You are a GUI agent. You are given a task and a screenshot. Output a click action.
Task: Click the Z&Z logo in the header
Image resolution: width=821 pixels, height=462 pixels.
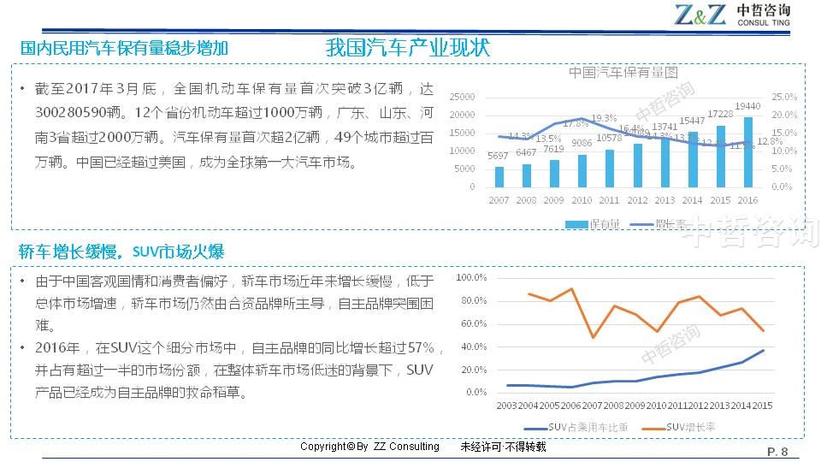coord(700,15)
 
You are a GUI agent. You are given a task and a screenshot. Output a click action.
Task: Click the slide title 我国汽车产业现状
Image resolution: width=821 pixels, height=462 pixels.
coord(408,48)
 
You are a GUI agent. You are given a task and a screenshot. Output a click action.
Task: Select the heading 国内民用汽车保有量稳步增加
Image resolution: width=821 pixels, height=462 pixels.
coord(124,48)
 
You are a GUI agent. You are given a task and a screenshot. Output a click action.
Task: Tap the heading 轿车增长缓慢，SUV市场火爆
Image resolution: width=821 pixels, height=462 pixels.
coord(121,252)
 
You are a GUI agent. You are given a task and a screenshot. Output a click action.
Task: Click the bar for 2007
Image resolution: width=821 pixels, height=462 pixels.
coord(499,176)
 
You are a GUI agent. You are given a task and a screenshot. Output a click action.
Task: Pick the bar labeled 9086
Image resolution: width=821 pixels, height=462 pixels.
coord(582,170)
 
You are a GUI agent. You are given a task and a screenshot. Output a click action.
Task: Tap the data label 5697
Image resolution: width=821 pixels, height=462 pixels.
coord(499,156)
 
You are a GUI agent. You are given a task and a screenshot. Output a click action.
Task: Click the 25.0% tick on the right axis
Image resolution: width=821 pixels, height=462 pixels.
coord(783,97)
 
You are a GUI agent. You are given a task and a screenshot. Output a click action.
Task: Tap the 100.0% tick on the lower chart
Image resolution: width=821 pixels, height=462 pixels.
coord(471,278)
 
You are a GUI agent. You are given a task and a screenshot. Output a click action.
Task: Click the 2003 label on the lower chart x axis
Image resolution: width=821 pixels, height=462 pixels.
coord(506,405)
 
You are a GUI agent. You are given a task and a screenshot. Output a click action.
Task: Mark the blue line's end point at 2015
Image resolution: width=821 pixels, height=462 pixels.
coord(763,351)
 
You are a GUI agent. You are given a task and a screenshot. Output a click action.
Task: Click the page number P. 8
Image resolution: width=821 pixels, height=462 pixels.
coord(777,452)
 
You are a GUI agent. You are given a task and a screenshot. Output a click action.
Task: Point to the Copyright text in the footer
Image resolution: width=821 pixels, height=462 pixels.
coord(369,447)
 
